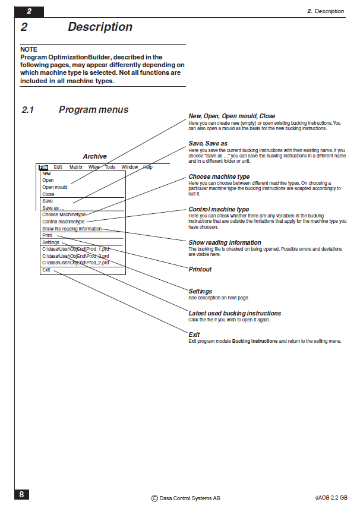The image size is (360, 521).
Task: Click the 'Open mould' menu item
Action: tap(55, 187)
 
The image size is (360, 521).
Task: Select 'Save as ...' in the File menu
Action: tap(53, 208)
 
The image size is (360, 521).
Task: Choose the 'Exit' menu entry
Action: tap(46, 270)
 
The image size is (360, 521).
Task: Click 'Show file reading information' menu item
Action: tap(71, 229)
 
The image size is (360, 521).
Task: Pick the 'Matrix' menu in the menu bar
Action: tap(76, 168)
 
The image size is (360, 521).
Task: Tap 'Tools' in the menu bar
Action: tap(110, 168)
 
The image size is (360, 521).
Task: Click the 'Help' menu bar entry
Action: tap(148, 168)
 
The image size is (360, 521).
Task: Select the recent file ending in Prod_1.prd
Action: tap(75, 249)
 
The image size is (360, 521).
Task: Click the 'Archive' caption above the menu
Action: tap(94, 157)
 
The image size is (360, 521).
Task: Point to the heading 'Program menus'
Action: tap(93, 110)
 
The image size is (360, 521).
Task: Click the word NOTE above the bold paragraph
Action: tap(29, 49)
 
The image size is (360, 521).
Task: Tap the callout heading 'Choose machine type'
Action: tap(219, 176)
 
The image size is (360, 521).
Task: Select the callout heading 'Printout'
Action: tap(200, 269)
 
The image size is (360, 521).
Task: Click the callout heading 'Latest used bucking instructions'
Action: tap(235, 313)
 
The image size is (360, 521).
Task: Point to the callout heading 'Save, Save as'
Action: tap(208, 144)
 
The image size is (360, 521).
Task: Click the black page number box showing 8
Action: tap(21, 494)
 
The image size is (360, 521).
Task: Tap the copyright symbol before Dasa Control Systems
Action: tap(154, 499)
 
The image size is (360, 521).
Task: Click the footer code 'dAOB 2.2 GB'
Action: tap(331, 498)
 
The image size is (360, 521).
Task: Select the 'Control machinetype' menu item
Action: tap(64, 222)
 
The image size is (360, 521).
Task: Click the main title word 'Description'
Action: tap(100, 27)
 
